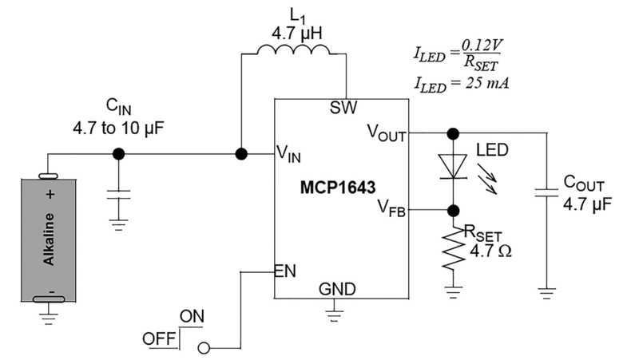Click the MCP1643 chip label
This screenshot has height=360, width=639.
pos(338,188)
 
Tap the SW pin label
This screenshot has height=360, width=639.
pos(343,108)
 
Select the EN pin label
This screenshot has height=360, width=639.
pos(285,271)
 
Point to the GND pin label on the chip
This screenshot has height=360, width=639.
pos(337,289)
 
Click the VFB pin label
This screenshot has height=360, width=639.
pos(391,208)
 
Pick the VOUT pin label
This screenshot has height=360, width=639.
pos(387,133)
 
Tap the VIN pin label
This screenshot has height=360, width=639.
pos(288,154)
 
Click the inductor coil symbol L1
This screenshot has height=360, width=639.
pos(293,49)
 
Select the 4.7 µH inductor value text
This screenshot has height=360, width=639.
pos(296,34)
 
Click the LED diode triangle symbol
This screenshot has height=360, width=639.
pos(453,166)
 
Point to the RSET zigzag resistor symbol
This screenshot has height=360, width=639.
pos(453,248)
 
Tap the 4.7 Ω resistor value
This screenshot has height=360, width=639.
pos(490,251)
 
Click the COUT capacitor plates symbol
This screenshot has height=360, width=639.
pos(546,192)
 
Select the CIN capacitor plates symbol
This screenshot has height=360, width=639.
pos(118,194)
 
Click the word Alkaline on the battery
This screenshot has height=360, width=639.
pos(49,239)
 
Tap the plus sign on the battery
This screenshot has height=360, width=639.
pos(50,194)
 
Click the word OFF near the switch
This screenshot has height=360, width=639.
pos(158,338)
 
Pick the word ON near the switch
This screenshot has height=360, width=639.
pos(192,316)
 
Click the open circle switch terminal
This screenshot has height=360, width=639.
pos(204,348)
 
